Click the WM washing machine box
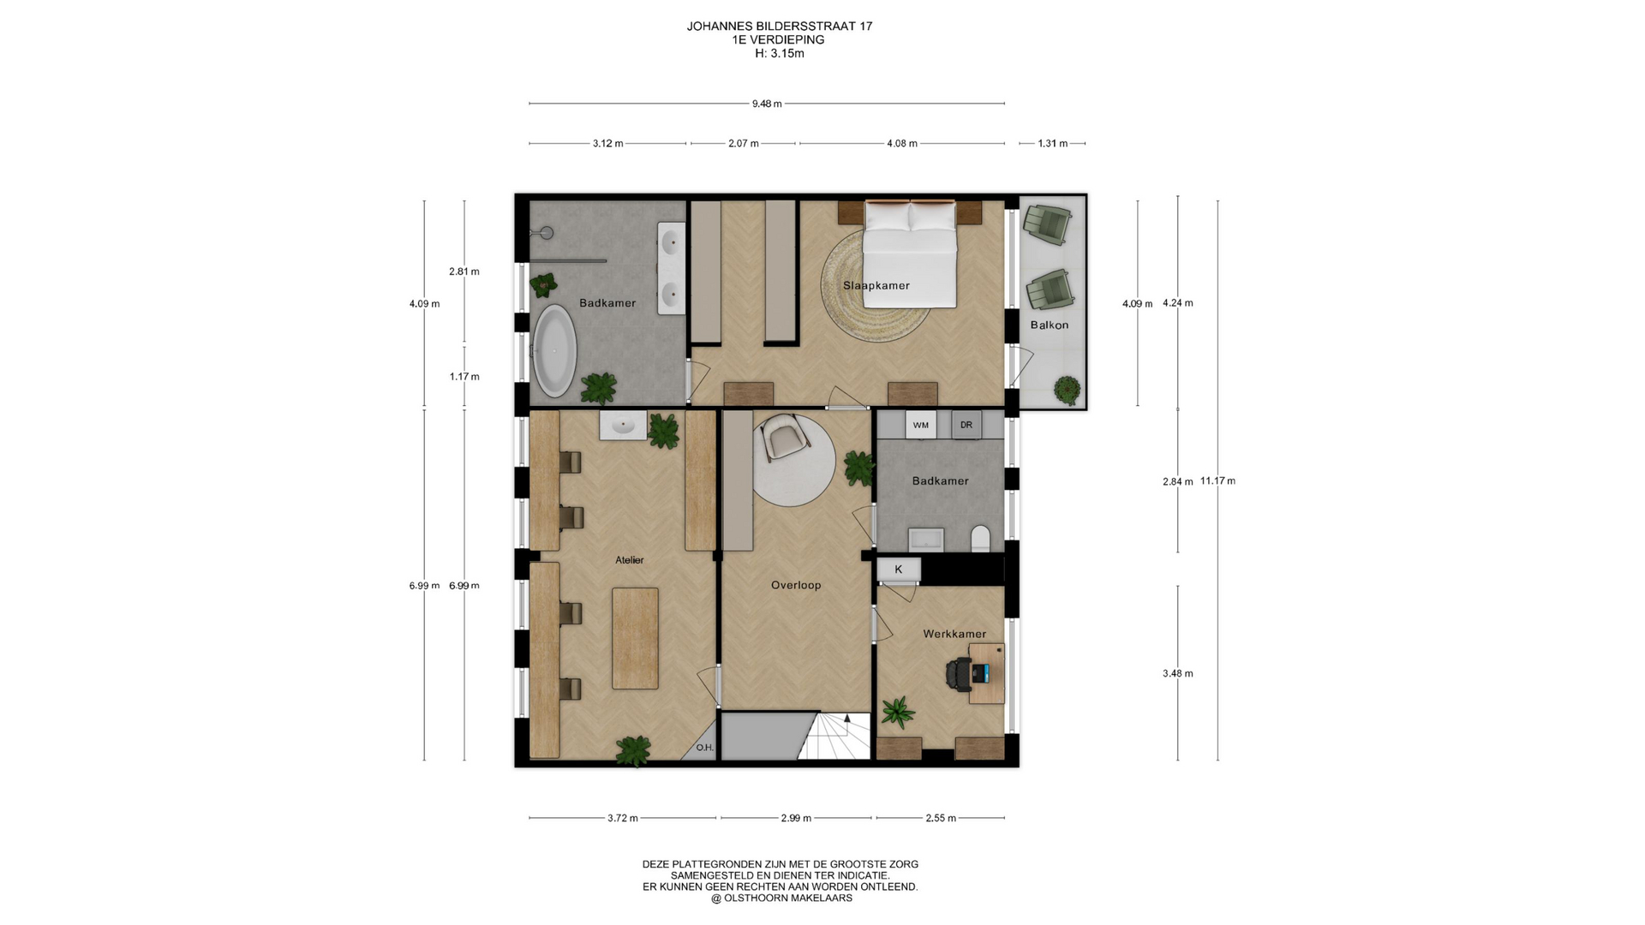[x=921, y=425]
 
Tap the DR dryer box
[x=966, y=425]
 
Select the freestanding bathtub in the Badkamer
[x=555, y=350]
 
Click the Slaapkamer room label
[x=876, y=285]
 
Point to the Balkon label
[x=1050, y=325]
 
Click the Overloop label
[x=796, y=585]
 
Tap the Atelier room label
[x=630, y=560]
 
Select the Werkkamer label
[x=954, y=634]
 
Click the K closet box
[x=899, y=570]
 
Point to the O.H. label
[x=705, y=748]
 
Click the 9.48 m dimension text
[x=767, y=104]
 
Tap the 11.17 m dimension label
[x=1217, y=480]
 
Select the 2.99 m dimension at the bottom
[x=796, y=818]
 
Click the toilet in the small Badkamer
[x=981, y=539]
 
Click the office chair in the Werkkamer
[x=960, y=674]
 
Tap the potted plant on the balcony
[x=1067, y=390]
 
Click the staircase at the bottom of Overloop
[x=835, y=736]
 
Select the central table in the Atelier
[x=636, y=639]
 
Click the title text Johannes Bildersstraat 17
[x=780, y=27]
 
